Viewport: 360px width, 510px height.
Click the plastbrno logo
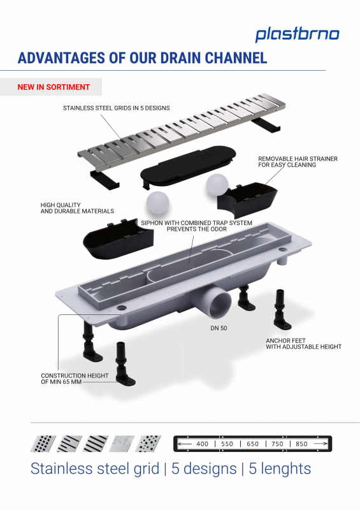[297, 35]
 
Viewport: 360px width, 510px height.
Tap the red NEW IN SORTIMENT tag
[54, 87]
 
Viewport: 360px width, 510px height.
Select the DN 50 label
[219, 328]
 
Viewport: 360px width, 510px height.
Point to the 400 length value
[202, 444]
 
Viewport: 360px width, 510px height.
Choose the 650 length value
[252, 444]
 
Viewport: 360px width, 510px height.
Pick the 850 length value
[301, 444]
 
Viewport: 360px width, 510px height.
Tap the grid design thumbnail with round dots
[148, 444]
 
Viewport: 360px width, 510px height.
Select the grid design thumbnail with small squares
[43, 444]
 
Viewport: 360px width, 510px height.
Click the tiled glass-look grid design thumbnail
[122, 444]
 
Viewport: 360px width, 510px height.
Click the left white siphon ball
[158, 203]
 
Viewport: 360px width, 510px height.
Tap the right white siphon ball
[217, 185]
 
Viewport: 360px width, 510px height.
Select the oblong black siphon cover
[188, 166]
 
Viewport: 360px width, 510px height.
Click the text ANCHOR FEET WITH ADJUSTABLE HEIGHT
[304, 344]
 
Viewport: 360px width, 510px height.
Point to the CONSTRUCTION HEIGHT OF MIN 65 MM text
[75, 379]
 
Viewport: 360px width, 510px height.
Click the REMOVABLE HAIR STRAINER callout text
[298, 162]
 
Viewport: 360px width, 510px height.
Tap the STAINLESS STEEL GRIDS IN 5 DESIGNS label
[117, 108]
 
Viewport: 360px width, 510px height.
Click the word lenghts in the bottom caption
[280, 469]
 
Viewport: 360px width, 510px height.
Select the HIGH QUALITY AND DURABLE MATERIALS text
[77, 208]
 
